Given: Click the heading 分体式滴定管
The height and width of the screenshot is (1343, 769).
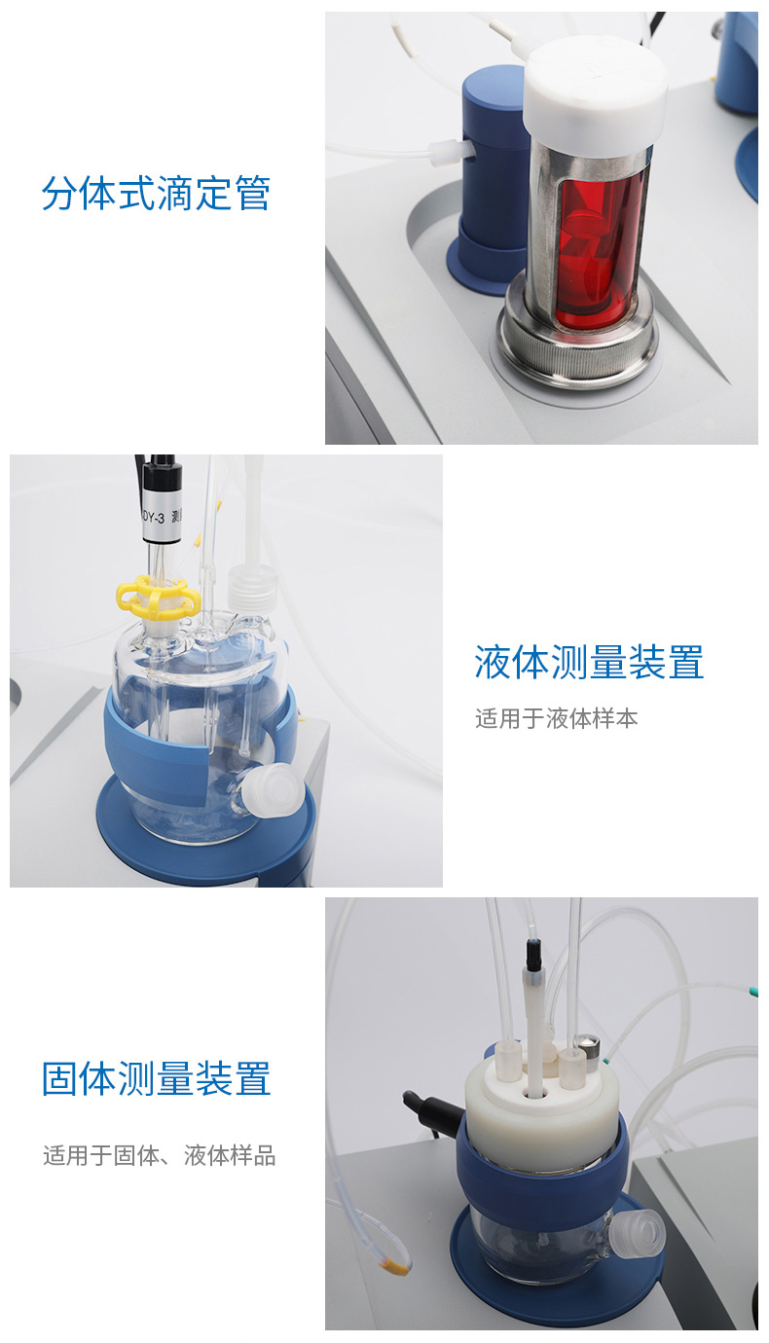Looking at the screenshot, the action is [x=156, y=193].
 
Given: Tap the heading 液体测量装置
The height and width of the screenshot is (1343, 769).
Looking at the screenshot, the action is [x=589, y=663].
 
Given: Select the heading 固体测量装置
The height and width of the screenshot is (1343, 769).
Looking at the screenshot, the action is [x=156, y=1078].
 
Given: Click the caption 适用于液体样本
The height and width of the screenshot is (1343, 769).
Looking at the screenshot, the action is [x=556, y=718].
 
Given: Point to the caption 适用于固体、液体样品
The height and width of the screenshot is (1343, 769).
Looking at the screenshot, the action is [x=159, y=1155].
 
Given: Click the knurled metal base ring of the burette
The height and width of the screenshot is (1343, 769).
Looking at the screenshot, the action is [x=576, y=342].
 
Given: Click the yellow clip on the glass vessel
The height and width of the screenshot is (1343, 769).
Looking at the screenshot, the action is [x=159, y=596].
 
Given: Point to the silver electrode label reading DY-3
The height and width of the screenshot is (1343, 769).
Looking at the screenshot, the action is [x=162, y=517].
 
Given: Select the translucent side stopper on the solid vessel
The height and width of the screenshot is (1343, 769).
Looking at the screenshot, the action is [x=637, y=1230].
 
